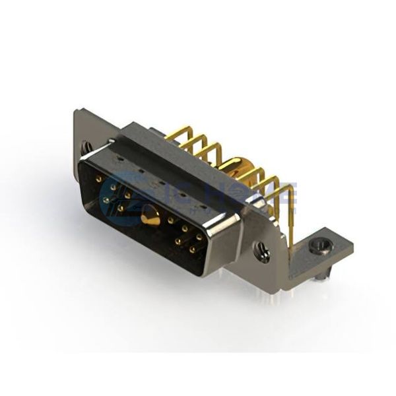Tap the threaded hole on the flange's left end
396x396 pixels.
[87, 147]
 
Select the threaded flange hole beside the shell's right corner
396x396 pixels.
[263, 251]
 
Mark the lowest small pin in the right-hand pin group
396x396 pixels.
[191, 250]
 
